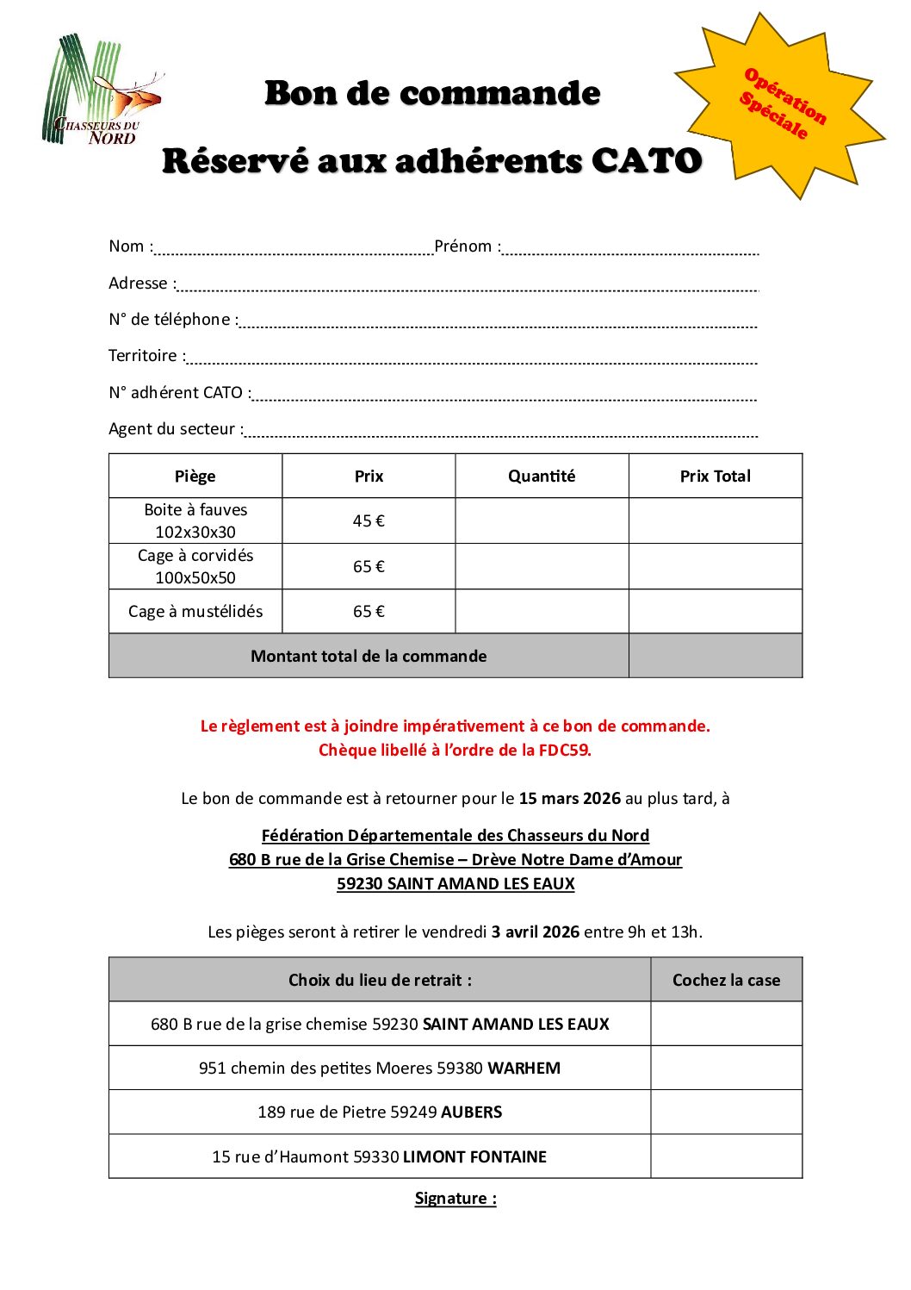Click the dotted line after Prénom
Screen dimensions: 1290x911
tap(630, 251)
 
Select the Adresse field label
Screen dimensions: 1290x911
tap(138, 284)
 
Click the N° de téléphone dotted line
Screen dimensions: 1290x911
tap(498, 324)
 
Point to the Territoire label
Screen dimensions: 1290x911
tap(143, 356)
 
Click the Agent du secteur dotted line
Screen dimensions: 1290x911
tap(501, 433)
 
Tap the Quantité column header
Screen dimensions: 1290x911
tap(542, 477)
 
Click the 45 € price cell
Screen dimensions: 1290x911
tap(369, 521)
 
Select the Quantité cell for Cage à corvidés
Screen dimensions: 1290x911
tap(542, 567)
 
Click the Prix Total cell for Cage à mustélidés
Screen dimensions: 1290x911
tap(716, 612)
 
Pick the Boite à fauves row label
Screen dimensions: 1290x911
tap(195, 521)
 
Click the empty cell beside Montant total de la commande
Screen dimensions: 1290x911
tap(716, 657)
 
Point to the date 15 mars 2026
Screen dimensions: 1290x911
tap(569, 799)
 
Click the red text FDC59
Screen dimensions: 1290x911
tap(564, 751)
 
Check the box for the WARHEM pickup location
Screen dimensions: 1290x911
tap(726, 1069)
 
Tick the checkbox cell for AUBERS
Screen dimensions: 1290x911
tap(726, 1112)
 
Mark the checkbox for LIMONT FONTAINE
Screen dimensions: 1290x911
tap(726, 1156)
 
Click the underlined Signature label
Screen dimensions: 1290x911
tap(455, 1199)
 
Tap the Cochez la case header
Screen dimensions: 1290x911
tap(726, 980)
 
